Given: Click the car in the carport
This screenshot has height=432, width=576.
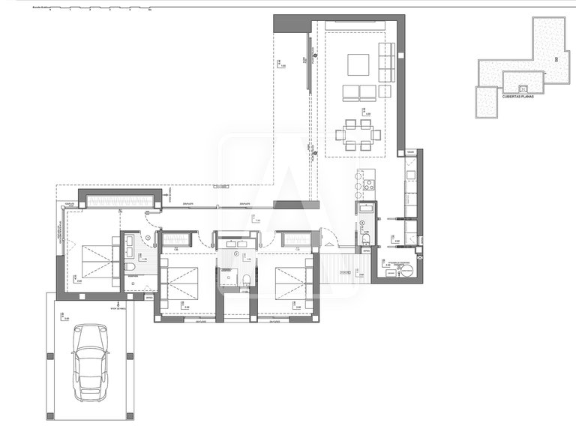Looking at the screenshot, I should (91, 362).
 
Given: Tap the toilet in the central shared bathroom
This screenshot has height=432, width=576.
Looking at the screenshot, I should (245, 280).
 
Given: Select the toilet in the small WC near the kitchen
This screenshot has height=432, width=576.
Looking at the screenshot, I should (366, 238).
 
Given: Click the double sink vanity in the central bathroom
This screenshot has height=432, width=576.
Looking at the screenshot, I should (237, 243).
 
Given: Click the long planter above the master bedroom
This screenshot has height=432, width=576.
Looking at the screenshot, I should (121, 202).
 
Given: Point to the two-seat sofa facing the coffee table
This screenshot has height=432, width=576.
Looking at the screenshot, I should (358, 92).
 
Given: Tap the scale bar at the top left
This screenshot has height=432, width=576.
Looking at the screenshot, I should (97, 10).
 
